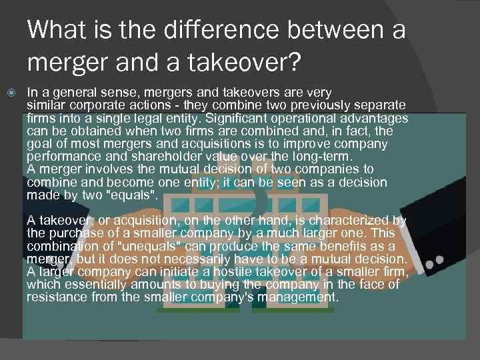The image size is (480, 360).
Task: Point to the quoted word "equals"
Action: [x=135, y=195]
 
